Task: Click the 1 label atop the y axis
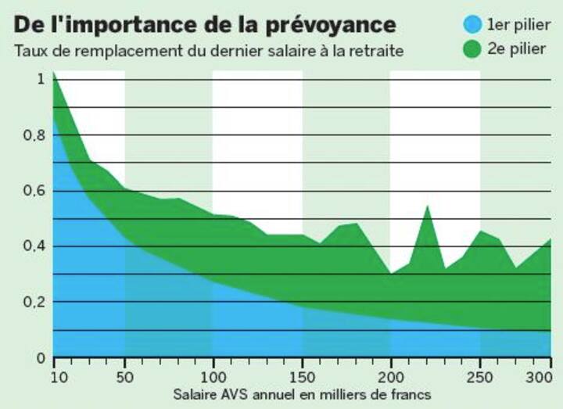tap(40, 80)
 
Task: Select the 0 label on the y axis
tap(40, 358)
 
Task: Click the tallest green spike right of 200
tap(427, 208)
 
